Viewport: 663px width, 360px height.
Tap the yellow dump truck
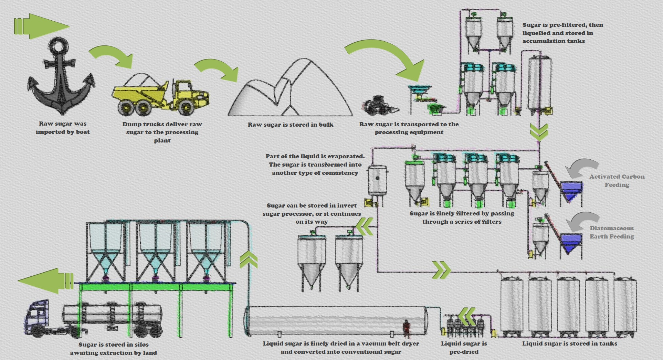point(160,96)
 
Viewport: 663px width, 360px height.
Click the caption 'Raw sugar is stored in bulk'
point(291,125)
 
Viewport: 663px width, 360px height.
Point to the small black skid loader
point(379,105)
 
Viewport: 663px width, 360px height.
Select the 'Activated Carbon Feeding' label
point(617,181)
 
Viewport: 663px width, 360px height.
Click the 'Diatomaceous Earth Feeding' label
point(612,232)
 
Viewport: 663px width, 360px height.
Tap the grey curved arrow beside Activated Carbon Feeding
point(582,167)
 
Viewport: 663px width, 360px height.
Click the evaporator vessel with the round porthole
point(377,181)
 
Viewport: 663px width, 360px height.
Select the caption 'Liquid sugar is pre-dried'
point(464,348)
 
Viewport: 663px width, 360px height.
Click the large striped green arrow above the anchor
point(41,26)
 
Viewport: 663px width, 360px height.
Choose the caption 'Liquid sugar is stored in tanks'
point(569,343)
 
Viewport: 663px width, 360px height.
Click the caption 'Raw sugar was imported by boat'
point(63,128)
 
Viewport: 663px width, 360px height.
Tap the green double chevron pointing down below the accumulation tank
point(539,132)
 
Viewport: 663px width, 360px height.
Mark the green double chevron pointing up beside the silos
point(248,260)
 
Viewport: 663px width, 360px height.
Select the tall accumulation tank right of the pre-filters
point(539,84)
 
